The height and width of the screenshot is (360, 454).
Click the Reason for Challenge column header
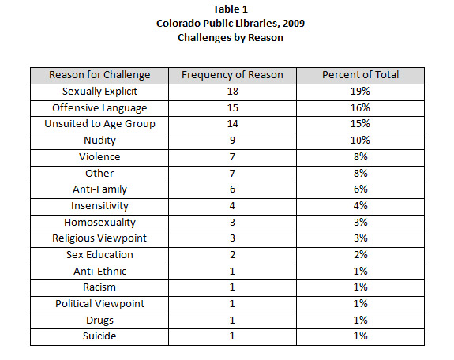coord(99,75)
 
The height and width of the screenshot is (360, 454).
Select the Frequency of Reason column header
coord(232,75)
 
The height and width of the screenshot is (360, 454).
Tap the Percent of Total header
coord(361,75)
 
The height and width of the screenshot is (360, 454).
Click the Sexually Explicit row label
coord(99,92)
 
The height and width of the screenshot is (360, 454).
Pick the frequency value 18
coord(232,92)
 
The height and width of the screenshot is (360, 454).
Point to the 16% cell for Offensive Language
coord(360,107)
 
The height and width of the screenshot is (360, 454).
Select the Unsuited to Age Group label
coord(99,124)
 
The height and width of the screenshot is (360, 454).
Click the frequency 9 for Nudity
coord(232,141)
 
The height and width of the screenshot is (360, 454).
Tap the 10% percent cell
coord(360,141)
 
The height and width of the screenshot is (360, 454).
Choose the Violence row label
coord(99,157)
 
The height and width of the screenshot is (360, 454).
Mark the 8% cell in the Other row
coord(361,174)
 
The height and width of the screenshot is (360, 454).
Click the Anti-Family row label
coord(99,189)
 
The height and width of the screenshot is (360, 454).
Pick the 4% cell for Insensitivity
coord(361,206)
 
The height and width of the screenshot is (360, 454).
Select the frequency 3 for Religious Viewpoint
coord(232,238)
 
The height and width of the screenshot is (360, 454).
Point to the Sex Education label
coord(99,255)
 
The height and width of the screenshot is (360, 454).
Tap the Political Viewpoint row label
coord(99,304)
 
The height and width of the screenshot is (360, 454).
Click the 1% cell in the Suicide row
coord(361,336)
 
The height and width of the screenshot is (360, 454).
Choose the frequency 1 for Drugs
coord(232,321)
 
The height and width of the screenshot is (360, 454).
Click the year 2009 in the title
coord(294,24)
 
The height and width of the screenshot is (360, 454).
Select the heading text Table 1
coord(231,9)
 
